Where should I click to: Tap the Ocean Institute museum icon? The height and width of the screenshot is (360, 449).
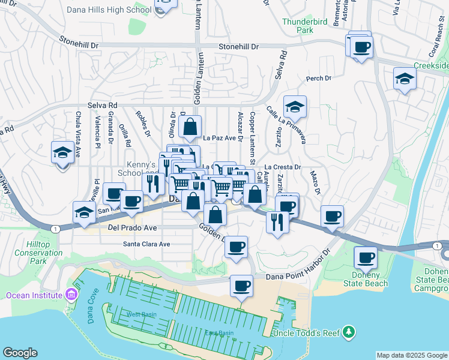point(72,295)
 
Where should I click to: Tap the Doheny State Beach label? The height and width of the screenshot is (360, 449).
point(366,280)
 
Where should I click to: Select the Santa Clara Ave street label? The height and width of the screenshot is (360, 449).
point(146,244)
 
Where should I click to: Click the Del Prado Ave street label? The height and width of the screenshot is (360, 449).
point(132,229)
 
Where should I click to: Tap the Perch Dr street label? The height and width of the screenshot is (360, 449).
point(319,78)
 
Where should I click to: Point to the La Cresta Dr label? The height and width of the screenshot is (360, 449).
point(282,167)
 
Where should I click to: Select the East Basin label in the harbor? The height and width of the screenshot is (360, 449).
point(218,333)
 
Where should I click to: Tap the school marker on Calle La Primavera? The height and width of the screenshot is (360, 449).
point(295,106)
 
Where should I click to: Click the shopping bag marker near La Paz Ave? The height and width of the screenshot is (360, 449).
point(190,126)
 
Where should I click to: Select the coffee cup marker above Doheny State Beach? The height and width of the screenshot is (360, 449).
point(366,257)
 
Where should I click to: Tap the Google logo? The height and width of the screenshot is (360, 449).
point(20,353)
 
